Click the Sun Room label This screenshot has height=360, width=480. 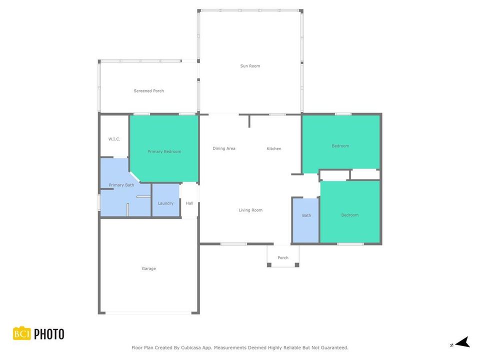coord(250,66)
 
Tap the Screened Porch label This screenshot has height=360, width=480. coord(148,91)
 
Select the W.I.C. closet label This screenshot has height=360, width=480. coord(114,139)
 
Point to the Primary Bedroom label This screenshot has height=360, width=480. coord(164,151)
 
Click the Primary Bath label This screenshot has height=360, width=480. coord(121,185)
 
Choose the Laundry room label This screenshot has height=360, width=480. coord(165,203)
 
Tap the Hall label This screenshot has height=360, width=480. coord(189,203)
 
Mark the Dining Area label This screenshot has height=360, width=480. coord(224,148)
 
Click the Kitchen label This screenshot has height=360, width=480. coord(274,148)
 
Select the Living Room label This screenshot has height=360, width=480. coord(250,210)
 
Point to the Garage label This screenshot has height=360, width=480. coord(148,268)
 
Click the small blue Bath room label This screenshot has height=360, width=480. coord(306,215)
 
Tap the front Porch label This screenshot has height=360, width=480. coord(283,258)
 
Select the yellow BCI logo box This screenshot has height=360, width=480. coord(22,333)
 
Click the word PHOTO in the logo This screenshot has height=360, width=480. coord(49,333)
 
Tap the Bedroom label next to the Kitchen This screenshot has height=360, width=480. coord(340,146)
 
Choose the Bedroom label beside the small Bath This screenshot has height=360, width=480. coord(349,215)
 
